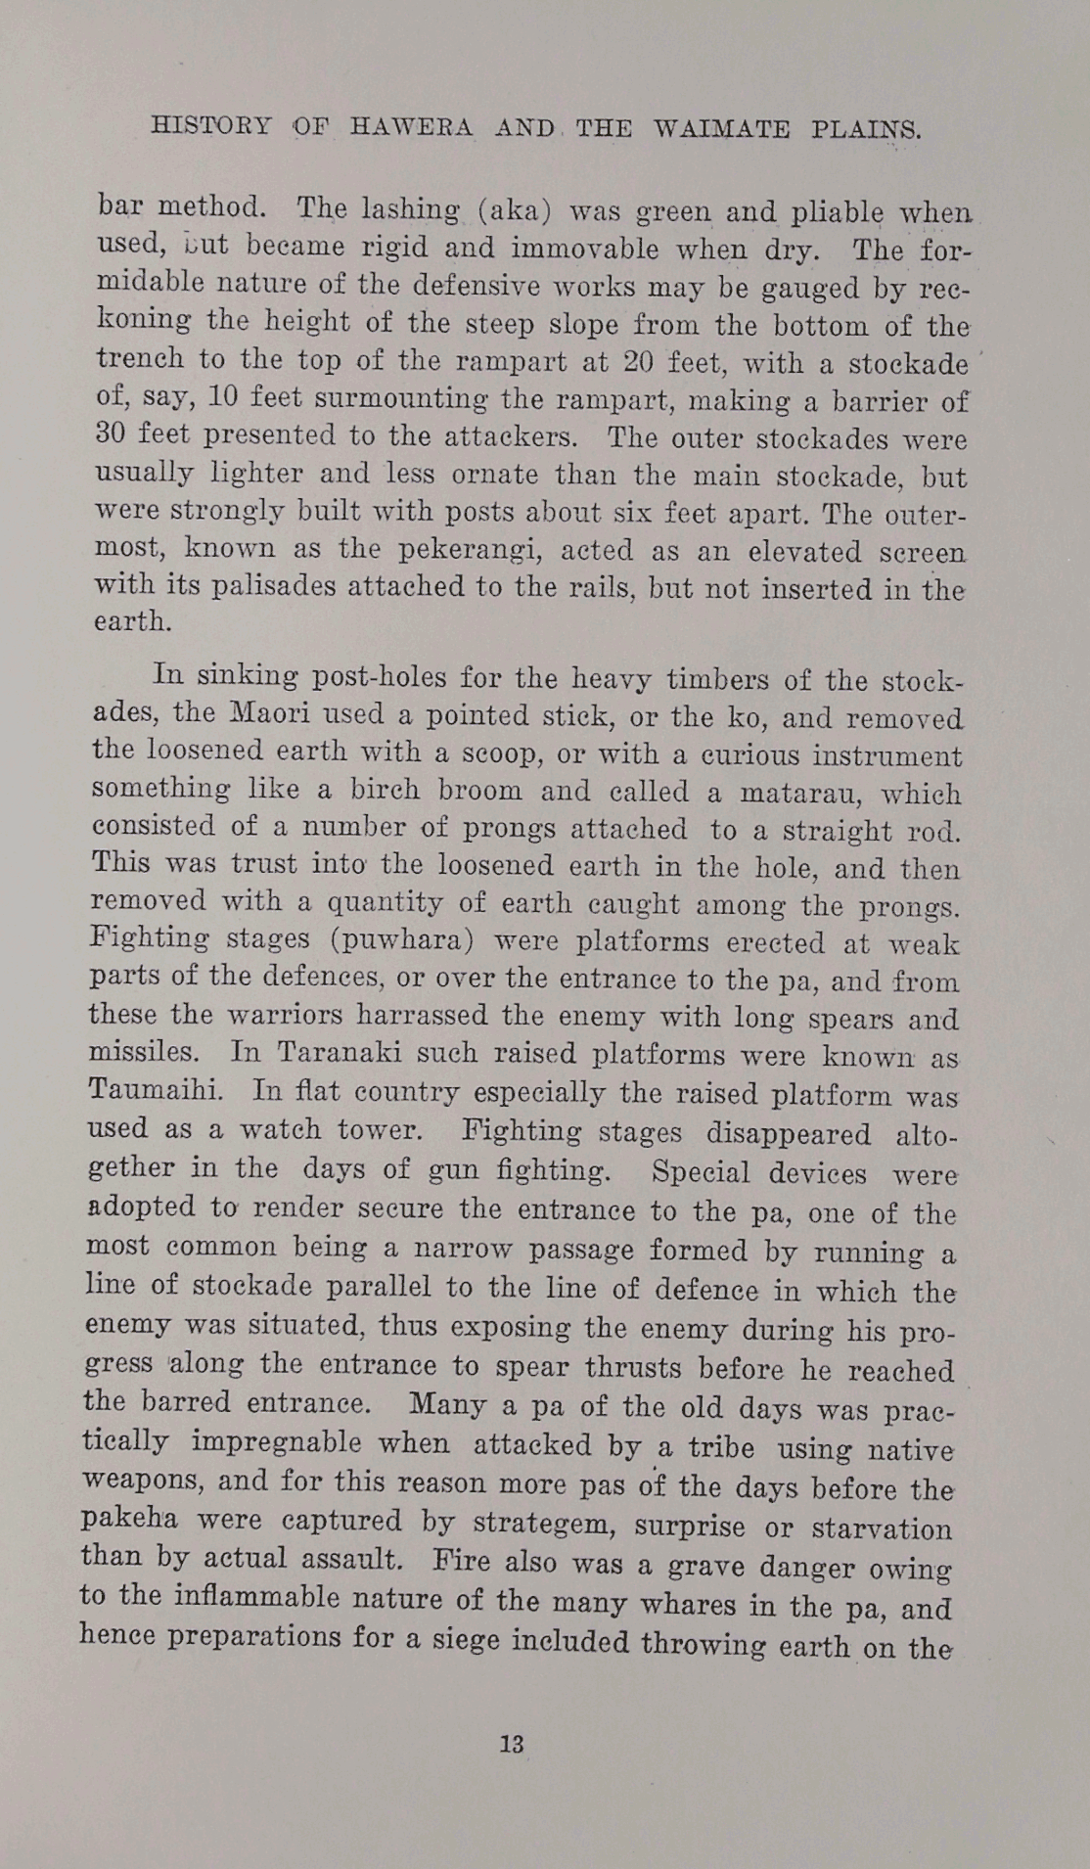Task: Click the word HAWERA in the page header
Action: coord(412,127)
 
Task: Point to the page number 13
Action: coord(512,1743)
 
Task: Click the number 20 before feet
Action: coord(638,362)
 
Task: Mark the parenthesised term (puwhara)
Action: coord(402,940)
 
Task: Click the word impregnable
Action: coord(320,1443)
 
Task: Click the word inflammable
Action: coord(258,1597)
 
